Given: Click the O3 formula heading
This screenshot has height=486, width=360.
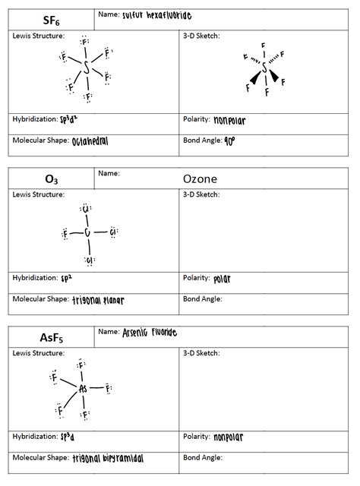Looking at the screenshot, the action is click(49, 179).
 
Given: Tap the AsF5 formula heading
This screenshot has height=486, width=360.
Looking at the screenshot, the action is click(49, 337).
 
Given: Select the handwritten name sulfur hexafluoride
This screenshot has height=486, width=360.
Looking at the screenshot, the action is click(157, 14).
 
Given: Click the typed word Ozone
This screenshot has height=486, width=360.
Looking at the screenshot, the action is click(201, 179).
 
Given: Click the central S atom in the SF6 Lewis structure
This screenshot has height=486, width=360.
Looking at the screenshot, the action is click(87, 68).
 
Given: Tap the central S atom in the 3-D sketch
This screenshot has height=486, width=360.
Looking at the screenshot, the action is click(264, 69).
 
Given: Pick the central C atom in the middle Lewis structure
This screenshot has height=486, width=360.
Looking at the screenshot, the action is click(87, 233).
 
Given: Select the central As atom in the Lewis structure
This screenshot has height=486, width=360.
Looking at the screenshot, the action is click(84, 388).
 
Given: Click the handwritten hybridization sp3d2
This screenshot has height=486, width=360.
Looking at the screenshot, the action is click(70, 120).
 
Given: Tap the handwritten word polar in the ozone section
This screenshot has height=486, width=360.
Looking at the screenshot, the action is click(222, 279).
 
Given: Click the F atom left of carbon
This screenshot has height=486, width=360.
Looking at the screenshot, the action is click(65, 233).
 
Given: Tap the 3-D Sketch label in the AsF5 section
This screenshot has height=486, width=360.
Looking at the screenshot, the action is click(201, 353).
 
